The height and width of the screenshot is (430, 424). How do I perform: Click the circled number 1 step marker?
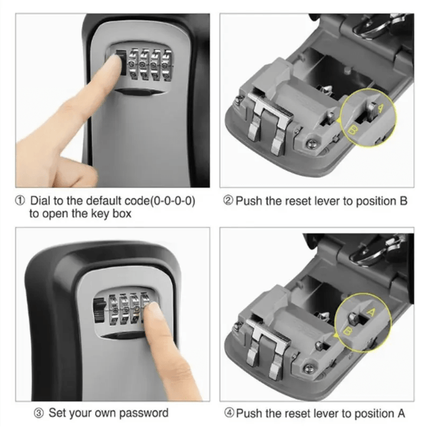pos(20,200)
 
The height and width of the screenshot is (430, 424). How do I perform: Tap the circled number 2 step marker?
pos(228,201)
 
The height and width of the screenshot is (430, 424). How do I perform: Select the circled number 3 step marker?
pos(39,414)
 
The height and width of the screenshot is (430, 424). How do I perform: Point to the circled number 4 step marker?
pos(229,413)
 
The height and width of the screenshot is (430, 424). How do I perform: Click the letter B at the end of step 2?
pos(403,201)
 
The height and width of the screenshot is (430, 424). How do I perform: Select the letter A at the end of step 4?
pos(400,414)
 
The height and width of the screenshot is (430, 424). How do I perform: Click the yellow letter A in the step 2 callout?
pos(381,108)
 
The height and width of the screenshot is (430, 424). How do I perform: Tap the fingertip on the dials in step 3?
pos(152,309)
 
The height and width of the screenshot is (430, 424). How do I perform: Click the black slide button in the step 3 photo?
pos(99,310)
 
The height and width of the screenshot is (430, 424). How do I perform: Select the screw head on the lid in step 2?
pos(311,143)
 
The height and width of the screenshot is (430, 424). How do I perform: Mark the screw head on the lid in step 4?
pos(309,368)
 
